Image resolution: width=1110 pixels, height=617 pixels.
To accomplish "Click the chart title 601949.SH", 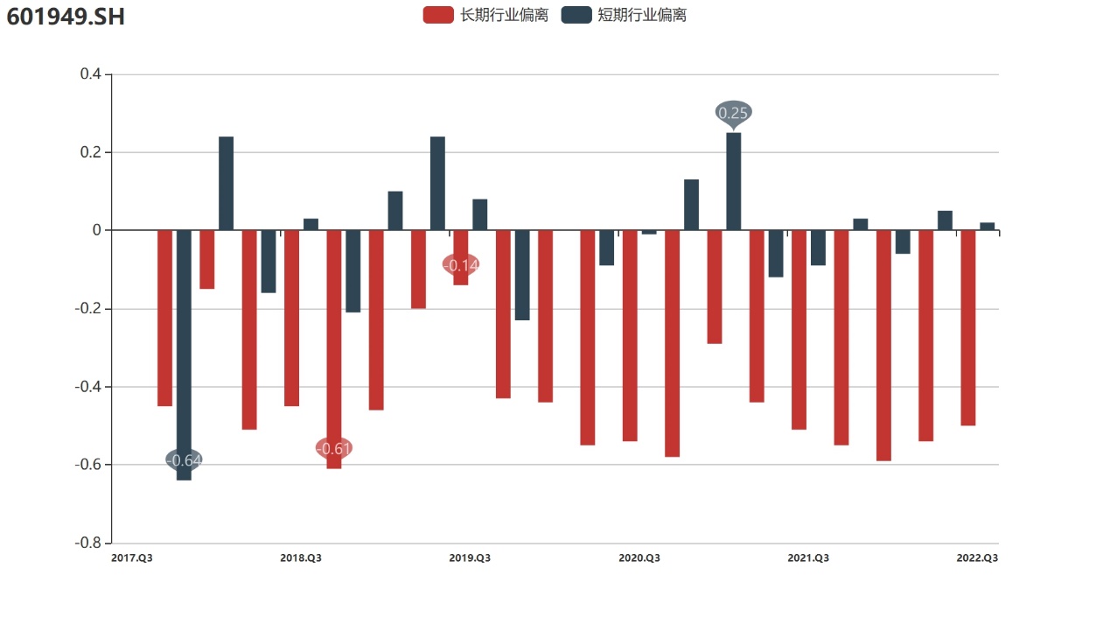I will click(x=66, y=17).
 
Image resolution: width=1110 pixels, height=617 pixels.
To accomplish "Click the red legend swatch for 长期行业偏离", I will click(x=437, y=15).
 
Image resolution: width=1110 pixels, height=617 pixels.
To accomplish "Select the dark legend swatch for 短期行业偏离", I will click(x=576, y=15).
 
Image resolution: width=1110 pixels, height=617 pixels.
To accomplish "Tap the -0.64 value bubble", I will click(x=184, y=460).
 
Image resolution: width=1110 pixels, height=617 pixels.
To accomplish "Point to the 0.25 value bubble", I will click(x=733, y=113).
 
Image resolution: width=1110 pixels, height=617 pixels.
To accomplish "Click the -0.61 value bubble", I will click(x=333, y=449).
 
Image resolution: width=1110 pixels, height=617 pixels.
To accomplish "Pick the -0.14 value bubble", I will click(x=461, y=265).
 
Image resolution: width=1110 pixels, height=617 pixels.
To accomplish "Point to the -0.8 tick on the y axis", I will click(x=88, y=543).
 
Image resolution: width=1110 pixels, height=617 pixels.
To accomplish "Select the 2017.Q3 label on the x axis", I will click(x=132, y=558).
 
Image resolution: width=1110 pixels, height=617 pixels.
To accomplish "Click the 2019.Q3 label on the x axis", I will click(x=470, y=558).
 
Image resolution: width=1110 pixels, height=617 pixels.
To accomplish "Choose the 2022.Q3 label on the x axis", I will click(x=977, y=558).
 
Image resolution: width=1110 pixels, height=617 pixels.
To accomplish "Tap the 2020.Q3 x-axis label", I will click(x=639, y=558).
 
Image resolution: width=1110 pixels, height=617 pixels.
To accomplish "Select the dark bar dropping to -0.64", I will click(x=184, y=368).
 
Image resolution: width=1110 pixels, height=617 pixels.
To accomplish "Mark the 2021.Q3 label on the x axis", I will click(x=808, y=558).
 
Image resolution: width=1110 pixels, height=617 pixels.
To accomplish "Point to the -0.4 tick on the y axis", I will click(x=88, y=387).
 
